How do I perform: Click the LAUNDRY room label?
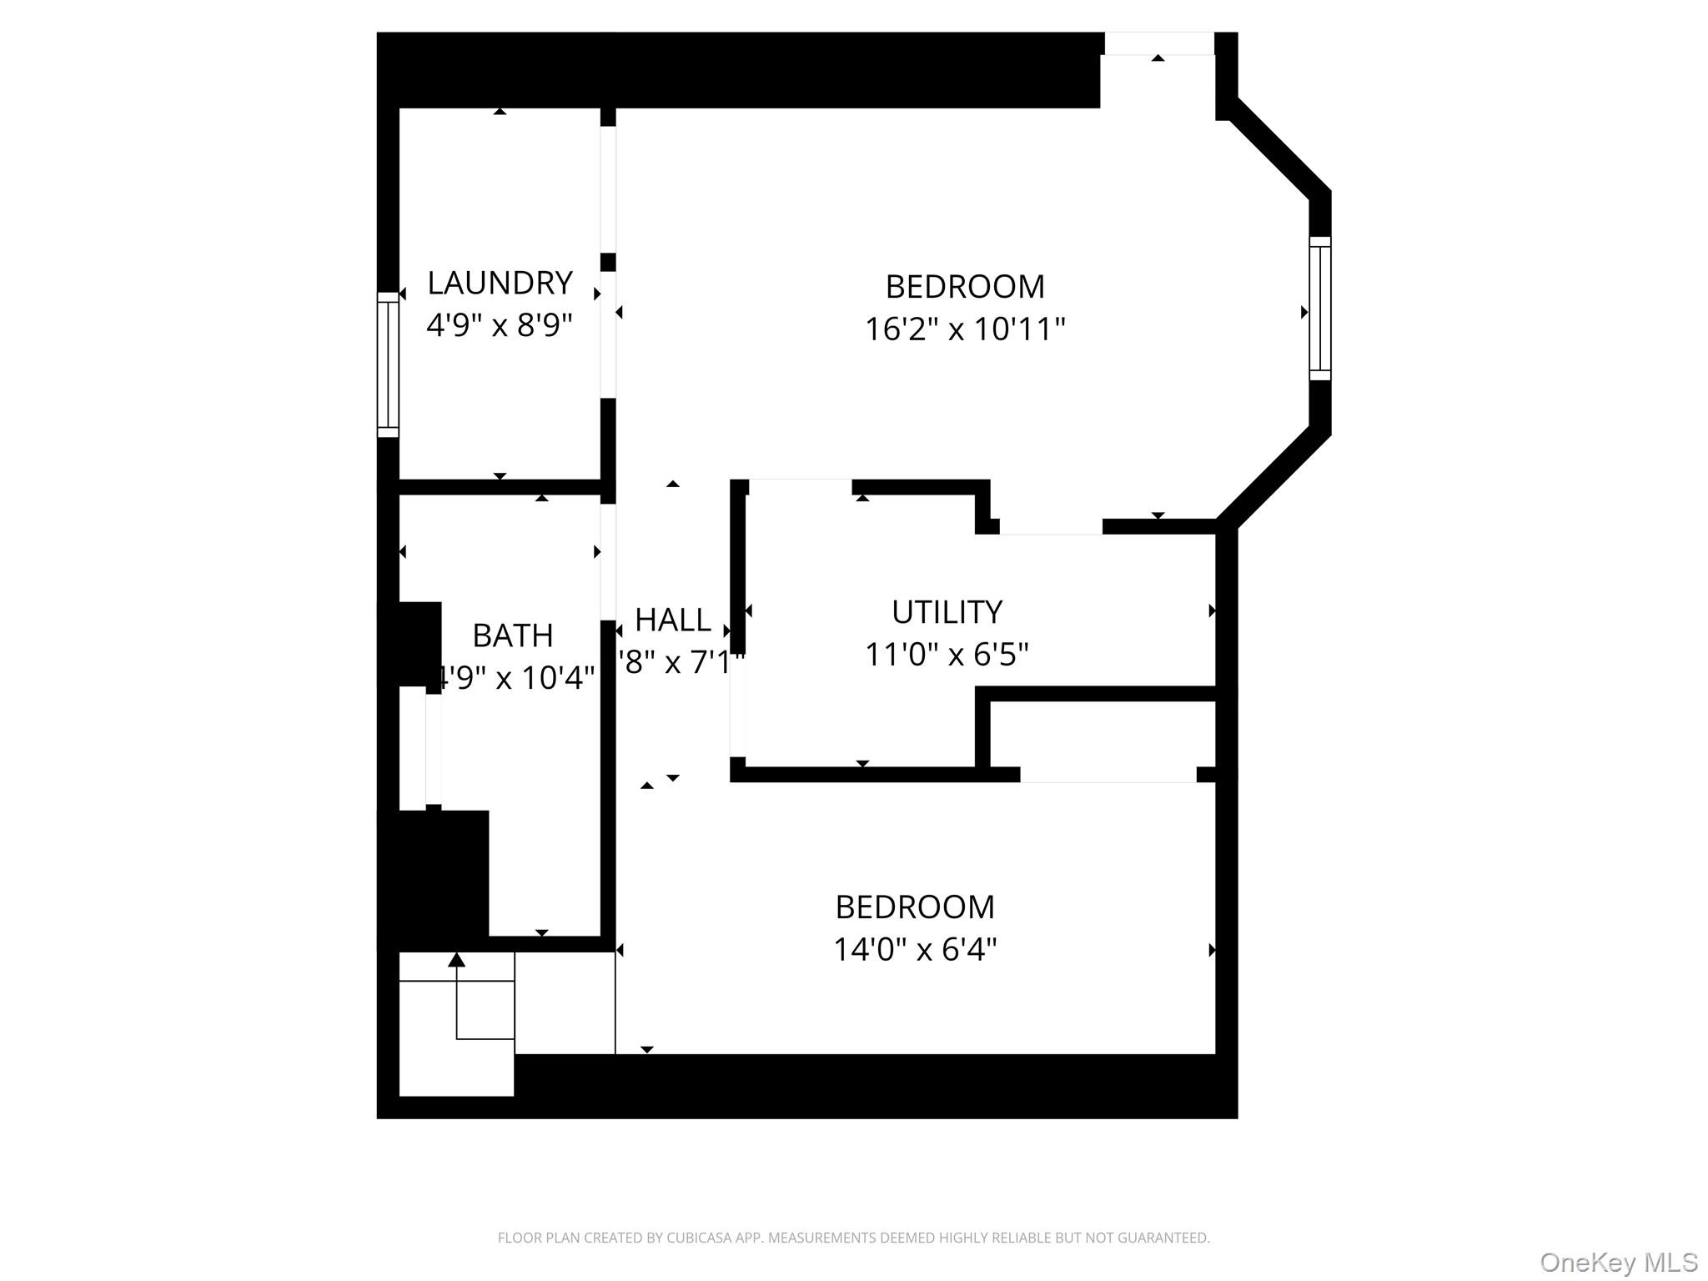click(x=500, y=284)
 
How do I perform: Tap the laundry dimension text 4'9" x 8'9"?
click(x=500, y=325)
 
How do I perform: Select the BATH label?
click(x=513, y=636)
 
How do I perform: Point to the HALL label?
click(x=673, y=620)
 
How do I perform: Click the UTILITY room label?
click(x=947, y=613)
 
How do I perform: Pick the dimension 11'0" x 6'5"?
click(x=947, y=655)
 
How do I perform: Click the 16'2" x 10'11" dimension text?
click(x=965, y=329)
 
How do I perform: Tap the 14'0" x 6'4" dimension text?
click(x=916, y=950)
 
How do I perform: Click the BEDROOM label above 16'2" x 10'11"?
click(x=965, y=288)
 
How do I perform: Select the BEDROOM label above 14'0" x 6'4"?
click(x=915, y=907)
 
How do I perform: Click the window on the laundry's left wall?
click(x=388, y=364)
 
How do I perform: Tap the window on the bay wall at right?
click(x=1319, y=309)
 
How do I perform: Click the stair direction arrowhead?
click(x=456, y=961)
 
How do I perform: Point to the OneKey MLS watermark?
click(x=1618, y=1263)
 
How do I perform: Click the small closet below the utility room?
click(x=1101, y=734)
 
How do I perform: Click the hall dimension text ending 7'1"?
click(x=680, y=663)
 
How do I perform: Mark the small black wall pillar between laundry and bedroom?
click(x=608, y=262)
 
